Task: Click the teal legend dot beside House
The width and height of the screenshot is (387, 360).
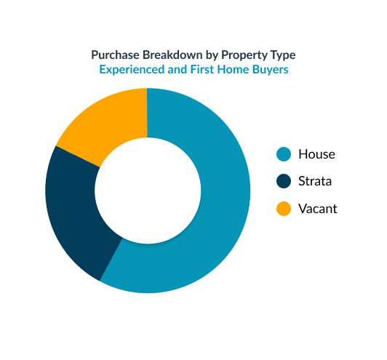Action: click(x=284, y=154)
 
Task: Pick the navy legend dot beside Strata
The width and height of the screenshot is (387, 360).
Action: click(x=284, y=181)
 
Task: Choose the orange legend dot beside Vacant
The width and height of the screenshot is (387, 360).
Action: click(x=284, y=209)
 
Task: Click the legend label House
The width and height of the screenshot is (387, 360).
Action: click(x=316, y=154)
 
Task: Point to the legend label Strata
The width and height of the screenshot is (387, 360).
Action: click(x=315, y=181)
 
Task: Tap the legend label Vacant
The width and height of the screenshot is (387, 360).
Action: click(x=318, y=209)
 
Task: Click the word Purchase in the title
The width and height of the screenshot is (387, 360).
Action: click(x=116, y=55)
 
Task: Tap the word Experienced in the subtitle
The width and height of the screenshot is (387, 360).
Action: click(x=132, y=70)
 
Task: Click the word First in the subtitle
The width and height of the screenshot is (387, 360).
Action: click(x=202, y=69)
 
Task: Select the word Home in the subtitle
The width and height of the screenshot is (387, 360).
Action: click(x=233, y=69)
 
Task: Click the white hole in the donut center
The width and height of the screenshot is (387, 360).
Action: click(x=148, y=191)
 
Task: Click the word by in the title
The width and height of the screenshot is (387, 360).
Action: click(x=212, y=55)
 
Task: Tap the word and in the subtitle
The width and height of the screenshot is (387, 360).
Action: click(x=177, y=69)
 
